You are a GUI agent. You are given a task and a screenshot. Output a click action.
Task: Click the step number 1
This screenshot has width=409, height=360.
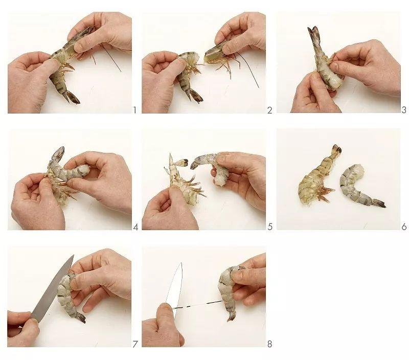135,110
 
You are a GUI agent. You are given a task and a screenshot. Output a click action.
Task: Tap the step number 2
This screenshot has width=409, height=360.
270,110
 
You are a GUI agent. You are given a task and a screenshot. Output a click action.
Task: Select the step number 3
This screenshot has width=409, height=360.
404,110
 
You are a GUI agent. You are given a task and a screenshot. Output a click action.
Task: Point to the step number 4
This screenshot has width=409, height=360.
135,227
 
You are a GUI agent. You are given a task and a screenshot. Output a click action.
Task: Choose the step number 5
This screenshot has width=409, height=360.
270,227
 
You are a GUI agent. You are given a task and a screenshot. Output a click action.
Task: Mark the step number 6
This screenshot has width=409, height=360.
404,227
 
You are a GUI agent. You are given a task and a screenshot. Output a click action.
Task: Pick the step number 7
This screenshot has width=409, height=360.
135,344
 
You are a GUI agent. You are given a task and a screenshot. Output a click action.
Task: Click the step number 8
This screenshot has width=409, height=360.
270,344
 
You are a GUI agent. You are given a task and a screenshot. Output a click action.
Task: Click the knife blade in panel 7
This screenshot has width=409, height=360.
52,289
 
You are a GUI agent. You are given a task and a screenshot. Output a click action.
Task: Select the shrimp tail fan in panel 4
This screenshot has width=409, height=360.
58,153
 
